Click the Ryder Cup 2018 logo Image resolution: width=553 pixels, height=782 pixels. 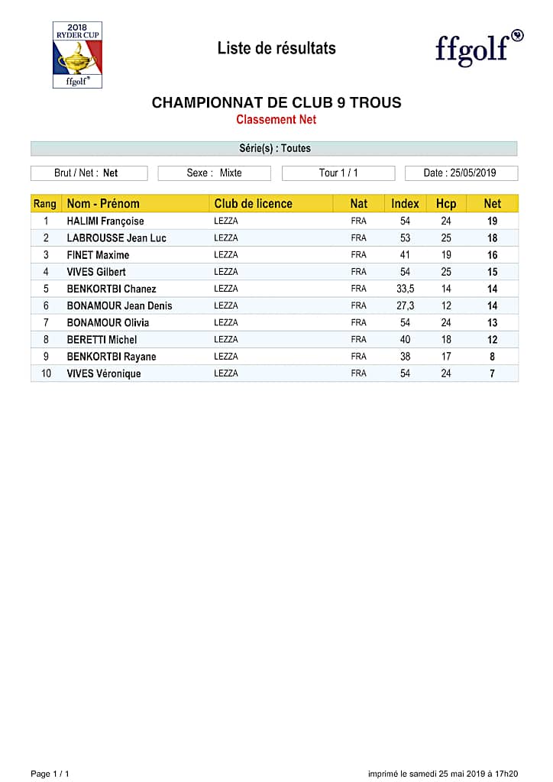coord(77,55)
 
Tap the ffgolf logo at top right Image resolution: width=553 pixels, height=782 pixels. coord(479,48)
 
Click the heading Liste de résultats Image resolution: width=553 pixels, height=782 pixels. coord(276,48)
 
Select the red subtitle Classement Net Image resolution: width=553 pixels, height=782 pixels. coord(276,119)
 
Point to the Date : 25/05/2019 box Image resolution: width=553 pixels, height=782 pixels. coord(461,173)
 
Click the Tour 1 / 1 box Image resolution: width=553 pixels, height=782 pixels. coord(338,173)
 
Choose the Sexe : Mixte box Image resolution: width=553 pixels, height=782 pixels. coord(214,173)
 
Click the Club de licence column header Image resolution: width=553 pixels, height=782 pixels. coord(253,203)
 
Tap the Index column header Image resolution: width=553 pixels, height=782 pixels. coord(405,203)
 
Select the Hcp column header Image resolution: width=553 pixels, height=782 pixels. coord(446,203)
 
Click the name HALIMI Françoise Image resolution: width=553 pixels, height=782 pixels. coord(105,221)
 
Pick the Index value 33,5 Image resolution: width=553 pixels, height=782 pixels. coord(405,289)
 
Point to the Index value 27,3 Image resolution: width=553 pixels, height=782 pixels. coord(405,305)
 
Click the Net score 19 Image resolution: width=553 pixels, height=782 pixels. coord(493,221)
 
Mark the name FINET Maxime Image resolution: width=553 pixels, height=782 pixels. coord(98,255)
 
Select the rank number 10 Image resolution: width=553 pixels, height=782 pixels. coord(46,373)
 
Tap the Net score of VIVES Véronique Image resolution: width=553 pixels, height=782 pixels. coord(493,373)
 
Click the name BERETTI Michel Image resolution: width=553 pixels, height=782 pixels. coord(102,340)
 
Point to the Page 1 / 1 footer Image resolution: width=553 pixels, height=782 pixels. coord(50,774)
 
